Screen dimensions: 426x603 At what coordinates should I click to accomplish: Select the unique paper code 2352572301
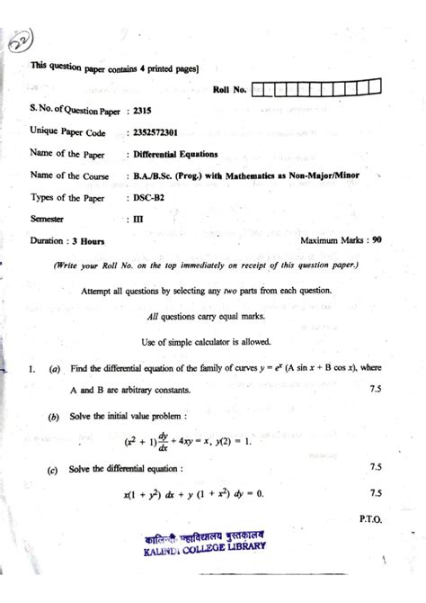pos(154,132)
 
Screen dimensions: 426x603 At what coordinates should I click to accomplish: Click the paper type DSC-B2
pos(146,197)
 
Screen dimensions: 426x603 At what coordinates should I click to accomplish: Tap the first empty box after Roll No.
pos(259,88)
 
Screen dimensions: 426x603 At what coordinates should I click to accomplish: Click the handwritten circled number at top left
pos(22,41)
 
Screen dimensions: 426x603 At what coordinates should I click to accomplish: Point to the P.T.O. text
pos(370,519)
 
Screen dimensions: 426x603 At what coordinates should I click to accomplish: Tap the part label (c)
pos(55,469)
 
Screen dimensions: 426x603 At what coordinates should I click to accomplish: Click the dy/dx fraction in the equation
pos(164,441)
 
